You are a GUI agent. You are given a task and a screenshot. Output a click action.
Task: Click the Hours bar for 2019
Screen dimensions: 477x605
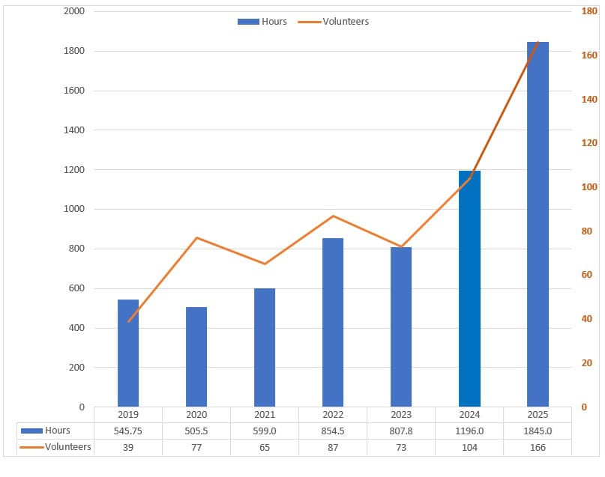128,353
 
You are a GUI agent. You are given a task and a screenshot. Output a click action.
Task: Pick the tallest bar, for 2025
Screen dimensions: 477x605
538,225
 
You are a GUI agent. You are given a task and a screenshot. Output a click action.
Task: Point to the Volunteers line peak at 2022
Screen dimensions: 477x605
333,216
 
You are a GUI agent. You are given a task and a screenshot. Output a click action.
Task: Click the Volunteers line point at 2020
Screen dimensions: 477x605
196,238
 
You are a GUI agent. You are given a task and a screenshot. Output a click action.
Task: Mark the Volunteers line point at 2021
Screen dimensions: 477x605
265,264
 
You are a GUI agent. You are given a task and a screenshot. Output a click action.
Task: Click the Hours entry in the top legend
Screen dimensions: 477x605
262,22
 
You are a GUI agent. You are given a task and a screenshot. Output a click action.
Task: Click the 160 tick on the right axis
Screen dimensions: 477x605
588,55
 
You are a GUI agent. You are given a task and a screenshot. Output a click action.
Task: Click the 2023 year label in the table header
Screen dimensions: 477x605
401,414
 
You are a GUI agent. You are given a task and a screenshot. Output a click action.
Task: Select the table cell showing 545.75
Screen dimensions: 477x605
128,431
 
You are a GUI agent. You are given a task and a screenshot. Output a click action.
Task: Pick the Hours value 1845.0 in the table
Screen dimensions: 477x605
538,431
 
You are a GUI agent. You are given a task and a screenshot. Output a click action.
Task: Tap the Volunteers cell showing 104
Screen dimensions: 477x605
469,447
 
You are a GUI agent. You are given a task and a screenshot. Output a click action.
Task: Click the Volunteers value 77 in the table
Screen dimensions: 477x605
196,447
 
